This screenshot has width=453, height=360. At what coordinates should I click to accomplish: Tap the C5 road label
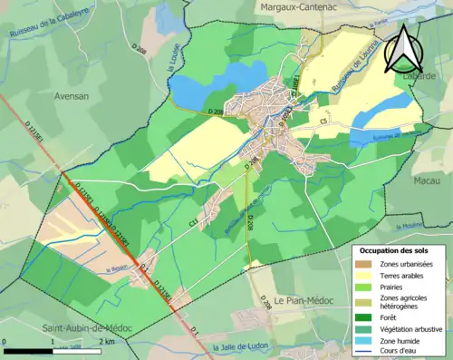[x=323, y=119]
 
